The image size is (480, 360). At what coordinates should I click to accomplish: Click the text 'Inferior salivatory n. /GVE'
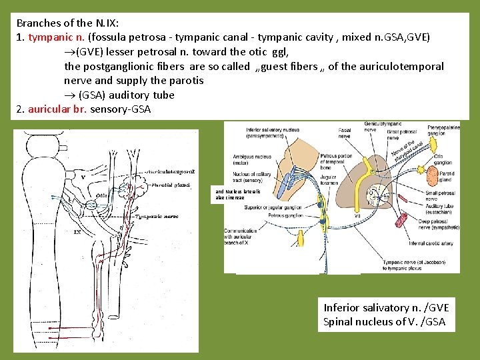(x=386, y=308)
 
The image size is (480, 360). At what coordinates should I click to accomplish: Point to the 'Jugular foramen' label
(x=325, y=179)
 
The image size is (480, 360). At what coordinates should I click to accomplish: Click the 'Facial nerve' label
(x=345, y=132)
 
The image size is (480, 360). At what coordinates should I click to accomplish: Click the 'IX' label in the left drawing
(x=77, y=233)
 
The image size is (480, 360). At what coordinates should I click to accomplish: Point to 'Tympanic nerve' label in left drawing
(x=157, y=216)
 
